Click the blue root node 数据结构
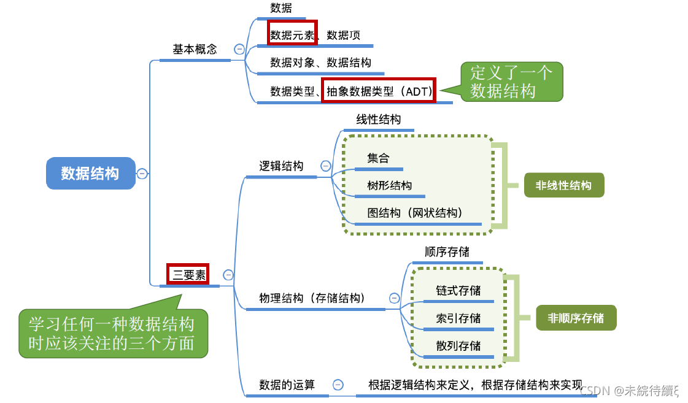click(90, 173)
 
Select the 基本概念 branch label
click(195, 50)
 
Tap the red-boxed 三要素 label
click(189, 275)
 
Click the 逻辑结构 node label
click(281, 166)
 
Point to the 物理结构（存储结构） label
click(312, 299)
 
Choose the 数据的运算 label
click(287, 385)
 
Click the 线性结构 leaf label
click(379, 120)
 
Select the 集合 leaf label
click(378, 158)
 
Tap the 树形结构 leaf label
click(390, 185)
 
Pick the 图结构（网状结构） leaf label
click(415, 213)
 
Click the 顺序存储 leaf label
click(447, 252)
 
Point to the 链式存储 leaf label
click(458, 291)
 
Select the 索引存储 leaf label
click(458, 318)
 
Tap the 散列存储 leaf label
click(458, 345)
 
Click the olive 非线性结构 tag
click(563, 185)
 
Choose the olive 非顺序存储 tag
click(576, 318)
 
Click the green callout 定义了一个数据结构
click(511, 82)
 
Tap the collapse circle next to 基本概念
click(239, 50)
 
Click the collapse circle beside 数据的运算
click(338, 385)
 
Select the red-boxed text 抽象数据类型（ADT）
click(379, 91)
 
